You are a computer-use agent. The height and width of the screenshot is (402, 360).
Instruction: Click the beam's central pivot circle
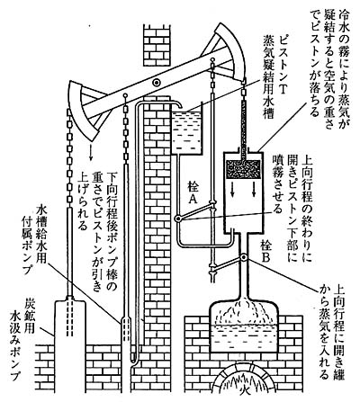[x=157, y=82]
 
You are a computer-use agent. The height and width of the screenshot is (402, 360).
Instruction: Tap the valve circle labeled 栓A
[x=178, y=219]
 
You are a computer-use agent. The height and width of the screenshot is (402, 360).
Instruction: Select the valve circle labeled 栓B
[x=244, y=257]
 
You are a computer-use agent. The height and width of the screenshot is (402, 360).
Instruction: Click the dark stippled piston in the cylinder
[x=243, y=169]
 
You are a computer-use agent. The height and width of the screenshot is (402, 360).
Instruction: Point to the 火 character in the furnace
[x=247, y=390]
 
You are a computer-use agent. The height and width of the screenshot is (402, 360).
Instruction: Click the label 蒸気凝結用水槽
[x=267, y=77]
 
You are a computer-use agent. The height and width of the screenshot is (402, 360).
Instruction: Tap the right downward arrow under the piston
[x=255, y=189]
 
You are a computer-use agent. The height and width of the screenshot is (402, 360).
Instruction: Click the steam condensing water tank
[x=186, y=131]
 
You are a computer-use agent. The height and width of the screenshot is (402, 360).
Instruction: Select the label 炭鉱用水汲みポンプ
[x=22, y=339]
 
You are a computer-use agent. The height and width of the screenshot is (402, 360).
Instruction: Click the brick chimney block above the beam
[x=157, y=46]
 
